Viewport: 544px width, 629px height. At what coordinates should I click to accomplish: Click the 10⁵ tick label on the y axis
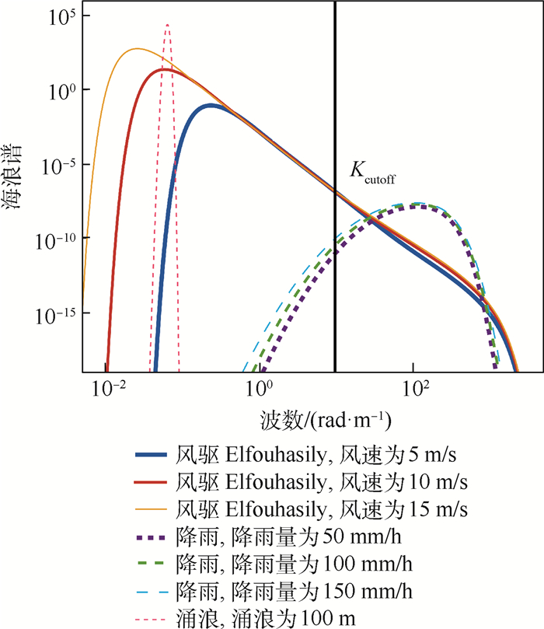(x=57, y=16)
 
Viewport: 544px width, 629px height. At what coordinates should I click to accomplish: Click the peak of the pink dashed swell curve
(x=166, y=25)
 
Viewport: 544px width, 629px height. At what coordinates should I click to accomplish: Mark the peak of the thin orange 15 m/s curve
(x=137, y=49)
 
